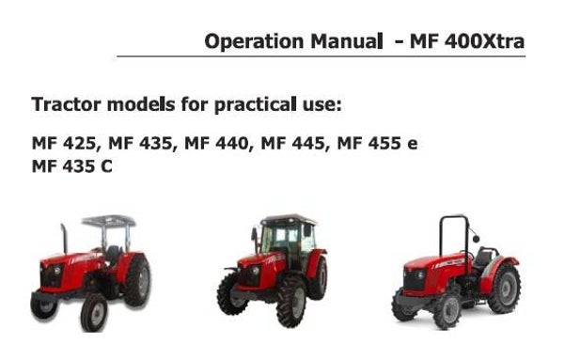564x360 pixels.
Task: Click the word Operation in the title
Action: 247,41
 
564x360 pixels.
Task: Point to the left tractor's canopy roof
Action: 109,221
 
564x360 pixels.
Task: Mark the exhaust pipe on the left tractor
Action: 64,239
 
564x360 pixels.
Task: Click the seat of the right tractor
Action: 483,257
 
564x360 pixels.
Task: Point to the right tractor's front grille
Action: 414,278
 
